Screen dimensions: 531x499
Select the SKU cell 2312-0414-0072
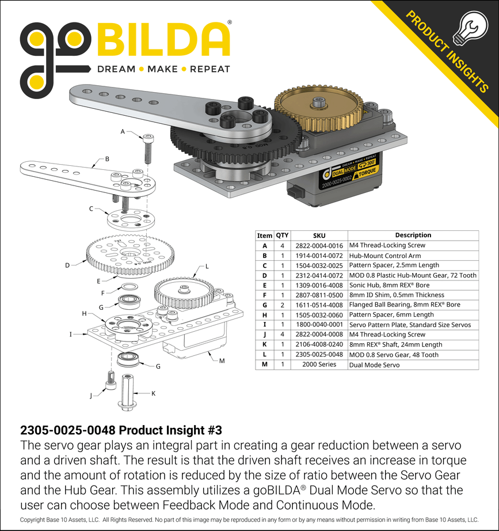point(319,275)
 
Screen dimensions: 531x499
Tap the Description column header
point(413,235)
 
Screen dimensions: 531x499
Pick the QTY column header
point(283,235)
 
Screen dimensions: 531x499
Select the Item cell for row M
point(264,365)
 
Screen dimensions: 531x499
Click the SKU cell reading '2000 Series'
point(319,365)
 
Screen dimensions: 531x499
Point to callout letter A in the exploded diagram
point(122,132)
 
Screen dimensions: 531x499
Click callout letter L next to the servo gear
point(207,267)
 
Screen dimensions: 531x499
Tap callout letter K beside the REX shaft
point(153,393)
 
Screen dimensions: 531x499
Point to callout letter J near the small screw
point(90,396)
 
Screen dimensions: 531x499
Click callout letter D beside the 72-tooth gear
point(67,265)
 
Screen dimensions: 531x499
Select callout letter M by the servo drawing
point(221,361)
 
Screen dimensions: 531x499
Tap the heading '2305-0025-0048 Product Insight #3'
point(121,430)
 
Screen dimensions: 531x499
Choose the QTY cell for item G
point(283,305)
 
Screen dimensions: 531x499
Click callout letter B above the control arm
point(107,158)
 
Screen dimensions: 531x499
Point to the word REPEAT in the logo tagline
point(209,69)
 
